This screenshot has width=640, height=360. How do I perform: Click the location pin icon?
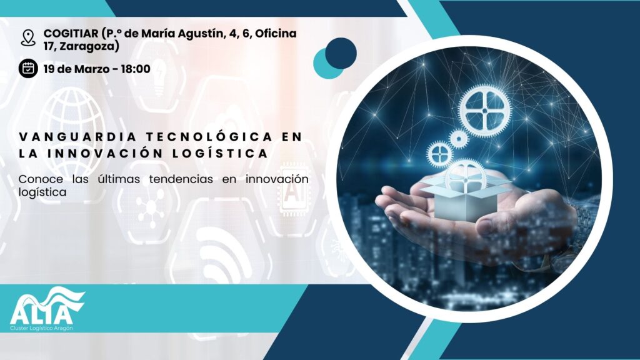click(x=28, y=38)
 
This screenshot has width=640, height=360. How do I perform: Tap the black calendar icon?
click(x=28, y=68)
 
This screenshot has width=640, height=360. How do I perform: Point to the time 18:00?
click(x=136, y=69)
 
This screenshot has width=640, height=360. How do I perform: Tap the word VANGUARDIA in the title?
click(x=77, y=137)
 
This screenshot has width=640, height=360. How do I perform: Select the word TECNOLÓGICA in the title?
click(x=210, y=137)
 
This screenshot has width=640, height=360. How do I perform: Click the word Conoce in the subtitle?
click(x=41, y=179)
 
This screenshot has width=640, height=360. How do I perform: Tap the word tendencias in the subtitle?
click(x=181, y=179)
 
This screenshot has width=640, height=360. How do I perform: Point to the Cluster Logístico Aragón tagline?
click(x=41, y=329)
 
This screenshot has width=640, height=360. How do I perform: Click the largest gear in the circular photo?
click(x=484, y=110)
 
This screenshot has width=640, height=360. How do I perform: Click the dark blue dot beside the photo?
click(x=341, y=54)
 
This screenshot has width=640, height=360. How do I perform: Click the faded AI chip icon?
click(x=292, y=189)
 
